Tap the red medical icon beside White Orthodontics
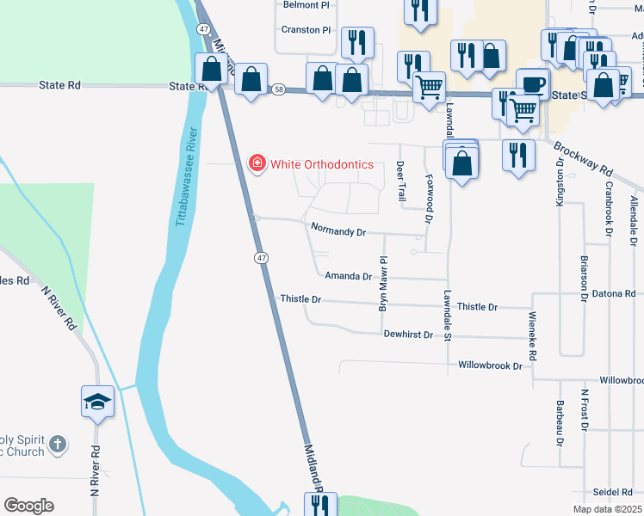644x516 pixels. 256,163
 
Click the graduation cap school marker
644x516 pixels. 97,401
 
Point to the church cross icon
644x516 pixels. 57,445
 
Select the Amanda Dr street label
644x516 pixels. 348,277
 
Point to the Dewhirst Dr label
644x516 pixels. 407,334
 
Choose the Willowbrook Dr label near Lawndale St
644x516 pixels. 490,365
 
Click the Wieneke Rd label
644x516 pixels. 534,336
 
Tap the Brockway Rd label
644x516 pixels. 583,158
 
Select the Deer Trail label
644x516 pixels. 400,181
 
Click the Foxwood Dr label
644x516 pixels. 429,199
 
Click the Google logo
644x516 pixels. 28,506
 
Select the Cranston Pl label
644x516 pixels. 307,29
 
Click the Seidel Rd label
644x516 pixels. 612,492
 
